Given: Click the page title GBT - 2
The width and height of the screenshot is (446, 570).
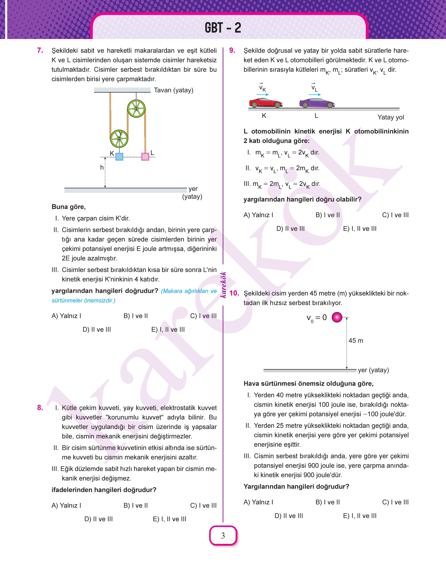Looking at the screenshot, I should click(223, 28).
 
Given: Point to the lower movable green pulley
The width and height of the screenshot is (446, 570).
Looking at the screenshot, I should click(119, 139).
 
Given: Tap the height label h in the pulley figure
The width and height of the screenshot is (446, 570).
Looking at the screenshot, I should click(102, 167).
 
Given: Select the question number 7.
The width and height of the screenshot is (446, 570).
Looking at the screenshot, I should click(40, 50).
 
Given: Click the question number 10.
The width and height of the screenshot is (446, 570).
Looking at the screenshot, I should click(234, 293).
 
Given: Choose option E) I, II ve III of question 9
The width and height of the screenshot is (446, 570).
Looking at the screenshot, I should click(360, 229).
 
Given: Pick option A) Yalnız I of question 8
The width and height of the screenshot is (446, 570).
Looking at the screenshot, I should click(66, 505).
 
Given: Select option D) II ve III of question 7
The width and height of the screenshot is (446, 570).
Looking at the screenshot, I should click(97, 329).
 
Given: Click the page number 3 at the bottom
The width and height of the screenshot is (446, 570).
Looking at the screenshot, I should click(223, 536).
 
